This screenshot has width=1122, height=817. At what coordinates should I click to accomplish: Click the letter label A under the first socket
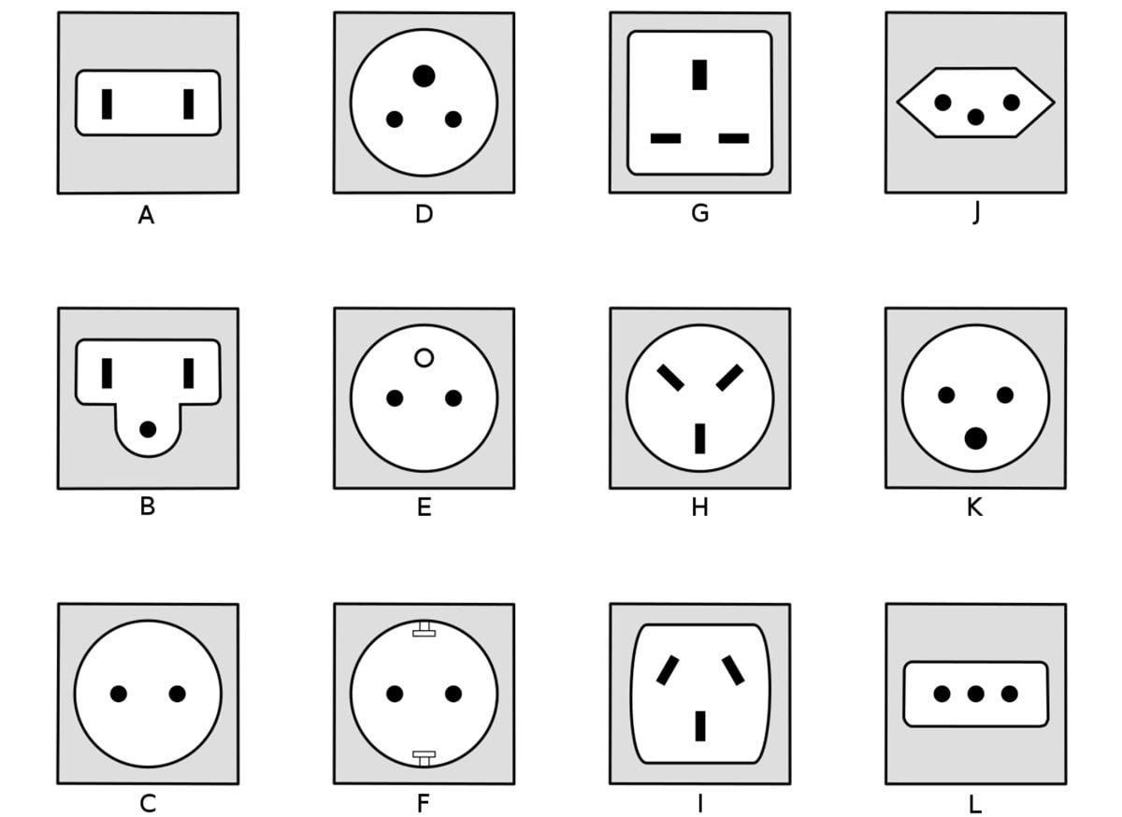(146, 216)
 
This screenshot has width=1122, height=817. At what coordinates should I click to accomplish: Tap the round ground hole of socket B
(148, 429)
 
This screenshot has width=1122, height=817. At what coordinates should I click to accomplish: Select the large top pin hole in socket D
(424, 76)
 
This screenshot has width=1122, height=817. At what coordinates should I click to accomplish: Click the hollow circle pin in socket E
(424, 358)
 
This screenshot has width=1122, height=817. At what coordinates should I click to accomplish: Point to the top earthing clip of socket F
(424, 631)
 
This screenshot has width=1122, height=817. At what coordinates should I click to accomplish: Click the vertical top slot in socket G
(699, 75)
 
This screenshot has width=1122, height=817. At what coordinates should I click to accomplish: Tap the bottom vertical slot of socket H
(699, 438)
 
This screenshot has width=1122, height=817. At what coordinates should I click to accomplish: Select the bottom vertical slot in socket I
(699, 725)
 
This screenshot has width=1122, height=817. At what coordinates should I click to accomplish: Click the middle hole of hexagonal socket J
(975, 117)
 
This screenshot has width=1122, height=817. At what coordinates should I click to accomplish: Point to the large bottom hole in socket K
(975, 437)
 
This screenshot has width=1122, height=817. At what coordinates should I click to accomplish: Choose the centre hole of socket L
(975, 694)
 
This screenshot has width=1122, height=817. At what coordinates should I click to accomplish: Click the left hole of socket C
(119, 694)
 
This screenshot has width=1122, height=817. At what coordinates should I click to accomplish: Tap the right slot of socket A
(189, 104)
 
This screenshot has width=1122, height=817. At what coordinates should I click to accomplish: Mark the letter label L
(975, 805)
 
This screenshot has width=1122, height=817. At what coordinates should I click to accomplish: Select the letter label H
(699, 508)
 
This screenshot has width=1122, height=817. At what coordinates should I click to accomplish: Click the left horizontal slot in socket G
(666, 138)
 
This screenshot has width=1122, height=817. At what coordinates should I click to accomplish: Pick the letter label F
(424, 805)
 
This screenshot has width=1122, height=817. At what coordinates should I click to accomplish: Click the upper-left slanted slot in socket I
(667, 670)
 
